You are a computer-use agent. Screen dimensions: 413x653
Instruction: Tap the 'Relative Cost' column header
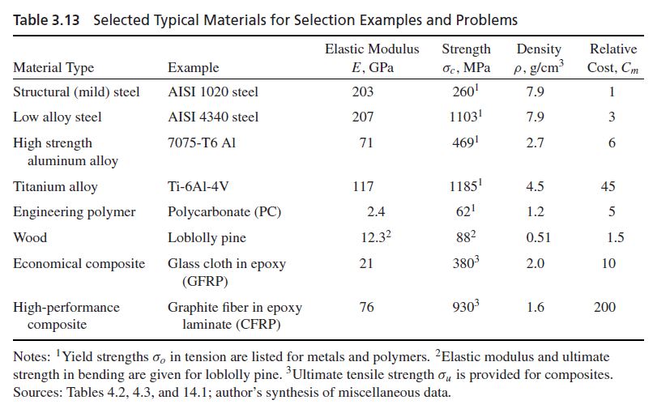[612, 57]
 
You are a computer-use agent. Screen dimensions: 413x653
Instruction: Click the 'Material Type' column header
[53, 68]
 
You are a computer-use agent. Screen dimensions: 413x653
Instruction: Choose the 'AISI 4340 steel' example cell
[213, 117]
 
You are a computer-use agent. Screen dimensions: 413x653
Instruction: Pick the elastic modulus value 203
[363, 92]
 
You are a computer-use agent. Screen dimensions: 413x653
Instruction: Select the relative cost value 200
[604, 308]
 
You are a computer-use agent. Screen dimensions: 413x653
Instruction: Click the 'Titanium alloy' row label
[55, 187]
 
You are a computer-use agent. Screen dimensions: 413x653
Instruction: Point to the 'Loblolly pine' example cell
[207, 238]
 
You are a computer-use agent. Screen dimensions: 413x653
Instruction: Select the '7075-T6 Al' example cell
[202, 143]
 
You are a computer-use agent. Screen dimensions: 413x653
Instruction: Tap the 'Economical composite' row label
[79, 264]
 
